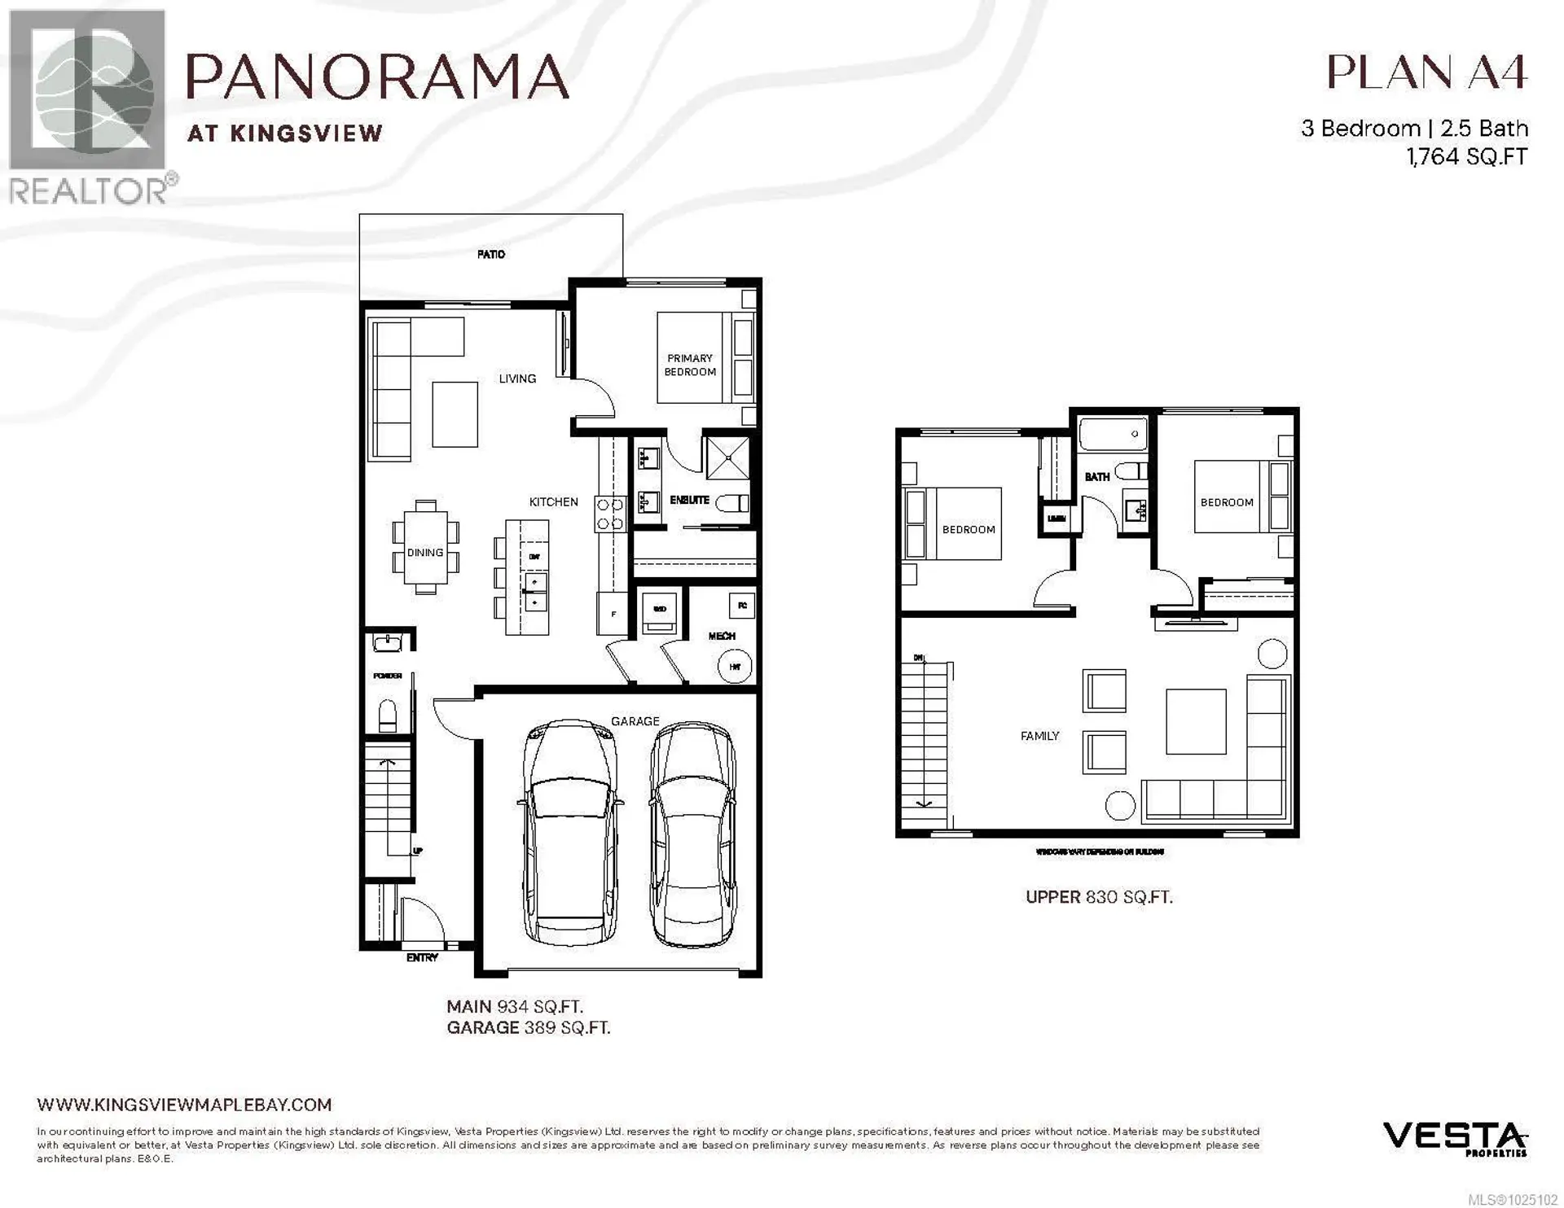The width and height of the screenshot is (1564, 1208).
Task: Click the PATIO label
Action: (x=490, y=255)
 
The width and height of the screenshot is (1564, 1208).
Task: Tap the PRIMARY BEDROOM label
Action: (x=690, y=365)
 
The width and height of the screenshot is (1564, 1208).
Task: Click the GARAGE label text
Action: (x=635, y=721)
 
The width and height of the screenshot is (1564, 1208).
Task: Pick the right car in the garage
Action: (x=692, y=834)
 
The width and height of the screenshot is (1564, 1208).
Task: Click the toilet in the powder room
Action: (x=388, y=716)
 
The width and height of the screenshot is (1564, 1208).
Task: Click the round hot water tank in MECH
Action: (x=735, y=667)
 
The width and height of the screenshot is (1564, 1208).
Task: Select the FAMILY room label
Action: (x=1039, y=736)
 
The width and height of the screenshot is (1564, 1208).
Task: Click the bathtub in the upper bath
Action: (x=1113, y=434)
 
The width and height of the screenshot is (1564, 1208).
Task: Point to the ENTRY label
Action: (x=422, y=958)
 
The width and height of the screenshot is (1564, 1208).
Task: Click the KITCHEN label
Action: (x=553, y=502)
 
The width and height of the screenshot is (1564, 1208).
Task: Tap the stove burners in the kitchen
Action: (x=609, y=514)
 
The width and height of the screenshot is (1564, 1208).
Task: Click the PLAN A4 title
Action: (x=1426, y=73)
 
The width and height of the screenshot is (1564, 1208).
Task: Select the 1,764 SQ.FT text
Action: (x=1466, y=156)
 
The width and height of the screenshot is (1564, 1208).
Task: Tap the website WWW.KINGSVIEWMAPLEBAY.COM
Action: (x=184, y=1105)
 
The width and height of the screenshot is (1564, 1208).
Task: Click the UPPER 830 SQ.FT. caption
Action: (x=1098, y=897)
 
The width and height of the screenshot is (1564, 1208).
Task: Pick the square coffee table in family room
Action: (x=1195, y=721)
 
